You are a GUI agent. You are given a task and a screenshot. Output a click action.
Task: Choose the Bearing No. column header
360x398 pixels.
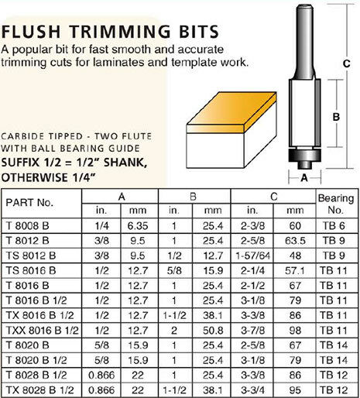(337, 203)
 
